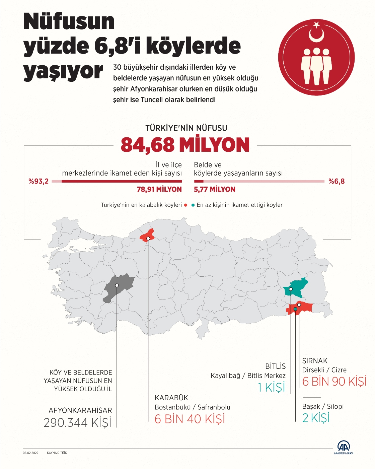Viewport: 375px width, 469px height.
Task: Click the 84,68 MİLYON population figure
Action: coord(185,145)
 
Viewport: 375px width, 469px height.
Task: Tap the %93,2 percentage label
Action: coord(39,181)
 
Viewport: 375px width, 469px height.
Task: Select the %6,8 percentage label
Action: coord(336,181)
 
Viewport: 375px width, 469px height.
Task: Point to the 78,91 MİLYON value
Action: coord(159,189)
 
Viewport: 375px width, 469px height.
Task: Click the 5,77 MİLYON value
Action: coord(215,189)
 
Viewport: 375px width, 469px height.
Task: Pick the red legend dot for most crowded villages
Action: coord(185,205)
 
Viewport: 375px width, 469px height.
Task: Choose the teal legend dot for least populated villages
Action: coord(193,205)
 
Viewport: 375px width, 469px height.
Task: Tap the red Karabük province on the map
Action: coord(147,236)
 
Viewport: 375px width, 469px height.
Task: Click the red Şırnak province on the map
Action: coord(301,308)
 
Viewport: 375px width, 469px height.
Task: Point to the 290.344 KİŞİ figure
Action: coord(77,422)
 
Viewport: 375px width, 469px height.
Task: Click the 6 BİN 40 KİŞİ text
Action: coord(190,419)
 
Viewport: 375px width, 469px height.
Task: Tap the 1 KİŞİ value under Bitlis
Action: coord(271,387)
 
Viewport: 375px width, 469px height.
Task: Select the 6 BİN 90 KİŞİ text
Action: coord(334,381)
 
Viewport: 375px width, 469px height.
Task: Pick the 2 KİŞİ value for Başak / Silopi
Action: coord(316,418)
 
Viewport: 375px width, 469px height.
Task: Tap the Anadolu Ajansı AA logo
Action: coord(344,447)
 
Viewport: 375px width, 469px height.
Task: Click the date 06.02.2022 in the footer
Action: coord(30,453)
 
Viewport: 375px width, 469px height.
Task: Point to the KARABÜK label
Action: coord(171,398)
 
